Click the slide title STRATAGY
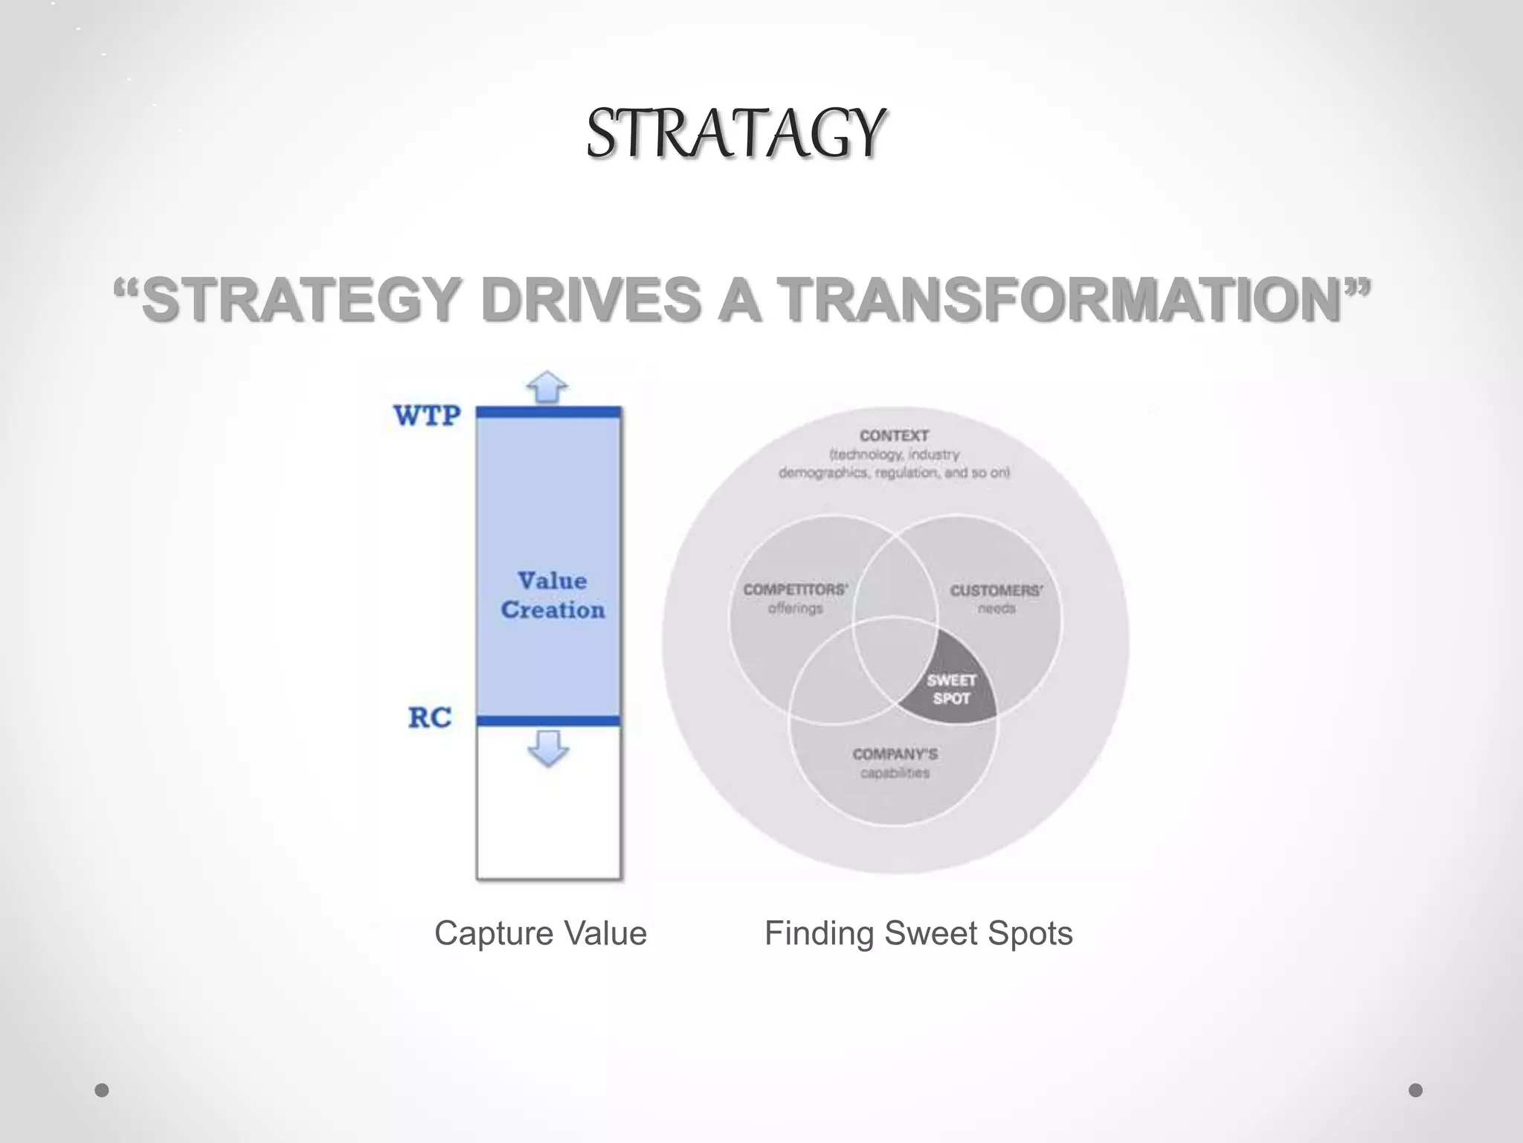[x=735, y=134]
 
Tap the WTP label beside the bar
[x=427, y=415]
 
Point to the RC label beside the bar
[x=430, y=717]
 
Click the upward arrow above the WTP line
[x=547, y=387]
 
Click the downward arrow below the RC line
[x=548, y=747]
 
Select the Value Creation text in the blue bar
[x=552, y=595]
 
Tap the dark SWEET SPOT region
[x=951, y=689]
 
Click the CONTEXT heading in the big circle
[x=894, y=435]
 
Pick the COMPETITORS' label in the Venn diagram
[x=795, y=589]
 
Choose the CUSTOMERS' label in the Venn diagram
[x=996, y=591]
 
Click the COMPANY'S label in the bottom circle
[x=895, y=754]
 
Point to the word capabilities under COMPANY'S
[x=895, y=773]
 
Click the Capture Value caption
[x=541, y=933]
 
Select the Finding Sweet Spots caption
[x=918, y=933]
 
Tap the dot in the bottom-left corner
[x=102, y=1090]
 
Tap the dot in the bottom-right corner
[x=1416, y=1090]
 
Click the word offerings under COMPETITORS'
[x=795, y=609]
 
